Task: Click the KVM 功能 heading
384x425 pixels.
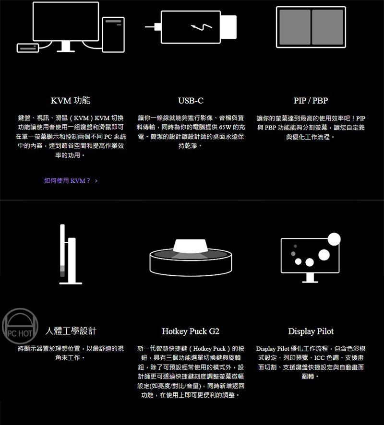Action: pos(71,101)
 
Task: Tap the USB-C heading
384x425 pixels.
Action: pos(191,101)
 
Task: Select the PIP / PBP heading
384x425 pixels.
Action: pos(311,101)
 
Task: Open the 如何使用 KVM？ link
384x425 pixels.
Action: pos(67,181)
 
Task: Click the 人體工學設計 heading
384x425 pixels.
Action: pos(71,331)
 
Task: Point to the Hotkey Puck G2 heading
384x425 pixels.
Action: pos(191,331)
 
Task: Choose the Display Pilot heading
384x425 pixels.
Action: pos(311,331)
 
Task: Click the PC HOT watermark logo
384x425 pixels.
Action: pos(20,327)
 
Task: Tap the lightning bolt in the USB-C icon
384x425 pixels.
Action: pos(202,27)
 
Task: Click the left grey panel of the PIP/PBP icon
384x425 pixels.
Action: pos(295,27)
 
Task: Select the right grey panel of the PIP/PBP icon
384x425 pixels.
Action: pos(327,27)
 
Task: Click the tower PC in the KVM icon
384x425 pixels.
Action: pos(113,35)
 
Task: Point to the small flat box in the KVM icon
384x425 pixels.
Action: pos(28,48)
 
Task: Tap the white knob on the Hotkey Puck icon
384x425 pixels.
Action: pos(191,246)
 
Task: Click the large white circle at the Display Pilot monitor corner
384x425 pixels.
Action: pos(334,239)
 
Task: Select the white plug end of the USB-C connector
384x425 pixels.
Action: pos(228,27)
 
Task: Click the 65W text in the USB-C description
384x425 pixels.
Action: pos(225,128)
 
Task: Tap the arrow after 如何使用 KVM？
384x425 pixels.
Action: pos(96,181)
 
